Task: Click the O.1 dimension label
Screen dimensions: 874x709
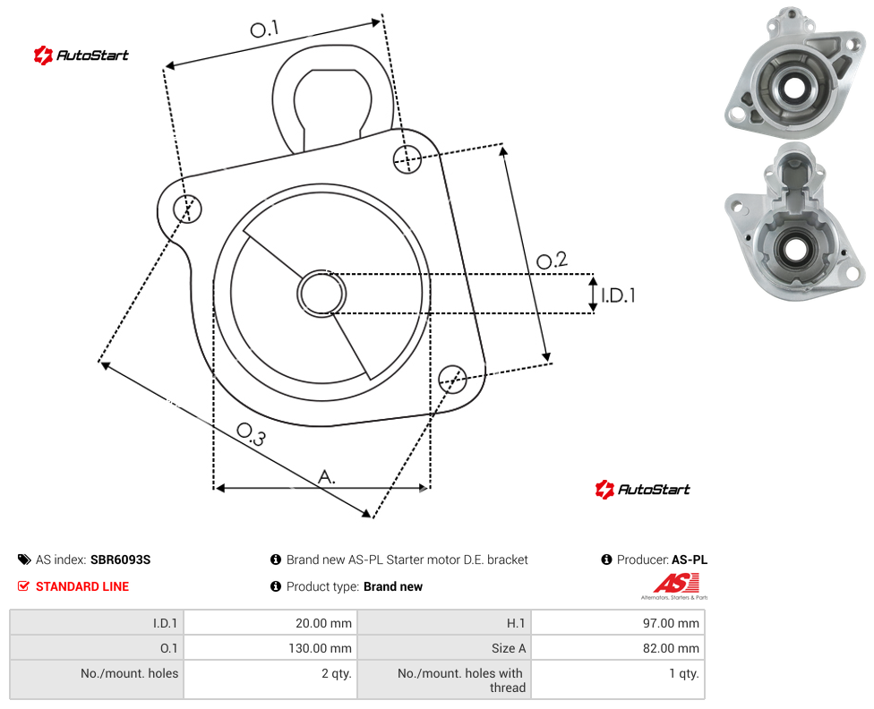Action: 264,29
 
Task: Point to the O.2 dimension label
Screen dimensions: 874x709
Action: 552,260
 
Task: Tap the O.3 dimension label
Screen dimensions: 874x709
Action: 252,434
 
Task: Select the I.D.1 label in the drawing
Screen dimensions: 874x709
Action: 618,295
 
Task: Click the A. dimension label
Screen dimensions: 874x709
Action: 327,476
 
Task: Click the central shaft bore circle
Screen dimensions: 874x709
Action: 321,294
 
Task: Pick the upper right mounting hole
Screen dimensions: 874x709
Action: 407,159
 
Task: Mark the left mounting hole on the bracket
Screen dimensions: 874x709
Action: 187,209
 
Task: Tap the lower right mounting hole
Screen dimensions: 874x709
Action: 452,380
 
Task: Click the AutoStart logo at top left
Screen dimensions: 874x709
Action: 81,56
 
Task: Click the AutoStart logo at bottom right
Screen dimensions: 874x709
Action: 643,490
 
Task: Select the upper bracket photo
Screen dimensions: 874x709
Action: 795,73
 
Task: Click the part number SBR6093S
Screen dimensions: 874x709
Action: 120,560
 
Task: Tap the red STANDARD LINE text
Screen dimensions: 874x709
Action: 82,586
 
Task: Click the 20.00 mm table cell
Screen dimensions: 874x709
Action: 271,622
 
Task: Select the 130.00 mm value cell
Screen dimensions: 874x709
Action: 271,648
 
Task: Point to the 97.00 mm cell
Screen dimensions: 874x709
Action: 618,622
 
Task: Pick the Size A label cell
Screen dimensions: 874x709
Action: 444,648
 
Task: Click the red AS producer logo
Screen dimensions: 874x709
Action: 675,586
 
